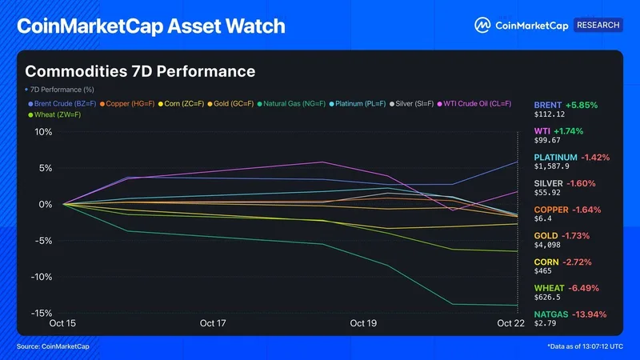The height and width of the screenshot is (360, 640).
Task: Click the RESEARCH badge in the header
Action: click(x=598, y=25)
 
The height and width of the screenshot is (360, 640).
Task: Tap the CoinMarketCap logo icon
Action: click(x=482, y=26)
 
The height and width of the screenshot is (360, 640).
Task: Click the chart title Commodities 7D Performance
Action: click(x=140, y=71)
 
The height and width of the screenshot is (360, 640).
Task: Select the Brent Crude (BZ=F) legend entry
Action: click(x=62, y=104)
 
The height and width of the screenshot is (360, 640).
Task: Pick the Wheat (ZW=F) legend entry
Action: click(x=54, y=114)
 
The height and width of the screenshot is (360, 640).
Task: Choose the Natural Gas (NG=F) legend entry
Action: click(x=291, y=104)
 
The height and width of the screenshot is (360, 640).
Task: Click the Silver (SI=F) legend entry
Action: click(x=411, y=104)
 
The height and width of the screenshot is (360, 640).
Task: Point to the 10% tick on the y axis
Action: click(x=43, y=132)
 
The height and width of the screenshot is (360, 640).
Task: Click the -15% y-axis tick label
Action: click(x=42, y=313)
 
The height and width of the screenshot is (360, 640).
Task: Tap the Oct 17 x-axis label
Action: click(x=213, y=323)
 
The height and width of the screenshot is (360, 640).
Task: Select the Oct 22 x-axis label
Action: click(x=510, y=323)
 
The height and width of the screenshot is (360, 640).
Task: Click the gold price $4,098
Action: click(x=547, y=245)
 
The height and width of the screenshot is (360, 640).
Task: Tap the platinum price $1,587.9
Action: click(x=551, y=166)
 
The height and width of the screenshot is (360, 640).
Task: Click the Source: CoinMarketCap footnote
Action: click(x=53, y=346)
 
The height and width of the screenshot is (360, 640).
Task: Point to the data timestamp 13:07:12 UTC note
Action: click(x=586, y=346)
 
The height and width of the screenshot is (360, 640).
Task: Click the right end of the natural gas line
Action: click(x=518, y=305)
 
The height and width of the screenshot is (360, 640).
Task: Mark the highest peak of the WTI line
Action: click(x=322, y=162)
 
